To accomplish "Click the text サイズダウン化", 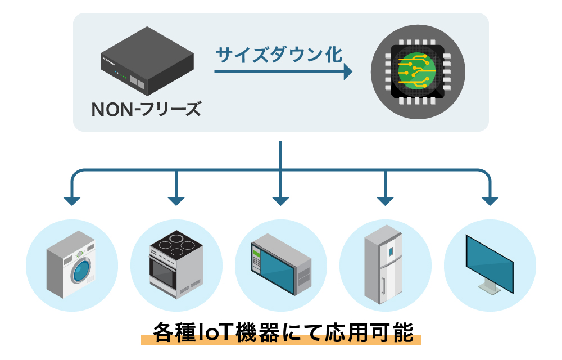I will tap(279, 55).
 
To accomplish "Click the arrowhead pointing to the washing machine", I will tap(71, 200).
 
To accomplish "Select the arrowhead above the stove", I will tap(176, 200).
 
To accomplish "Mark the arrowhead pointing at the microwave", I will tap(280, 200).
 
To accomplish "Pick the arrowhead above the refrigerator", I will tap(385, 200).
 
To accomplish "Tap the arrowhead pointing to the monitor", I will tap(490, 200).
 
